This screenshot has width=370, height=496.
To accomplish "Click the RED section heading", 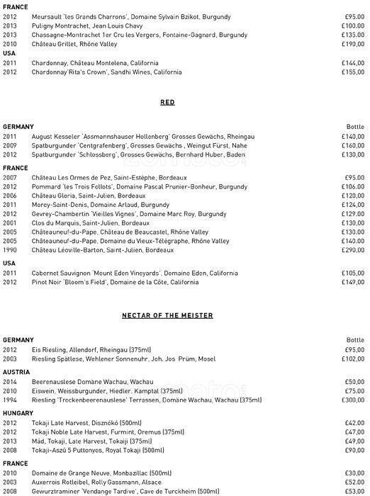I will tap(167, 103).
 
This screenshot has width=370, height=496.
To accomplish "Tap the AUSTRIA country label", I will tap(16, 372).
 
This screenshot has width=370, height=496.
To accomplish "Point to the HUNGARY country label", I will tap(18, 413).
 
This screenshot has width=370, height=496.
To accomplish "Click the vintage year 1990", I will tap(10, 250).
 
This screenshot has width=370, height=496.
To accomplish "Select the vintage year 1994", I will tap(10, 400).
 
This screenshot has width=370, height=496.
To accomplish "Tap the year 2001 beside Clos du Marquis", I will tap(10, 222).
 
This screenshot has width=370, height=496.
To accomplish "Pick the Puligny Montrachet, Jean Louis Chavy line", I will tap(82, 26).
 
